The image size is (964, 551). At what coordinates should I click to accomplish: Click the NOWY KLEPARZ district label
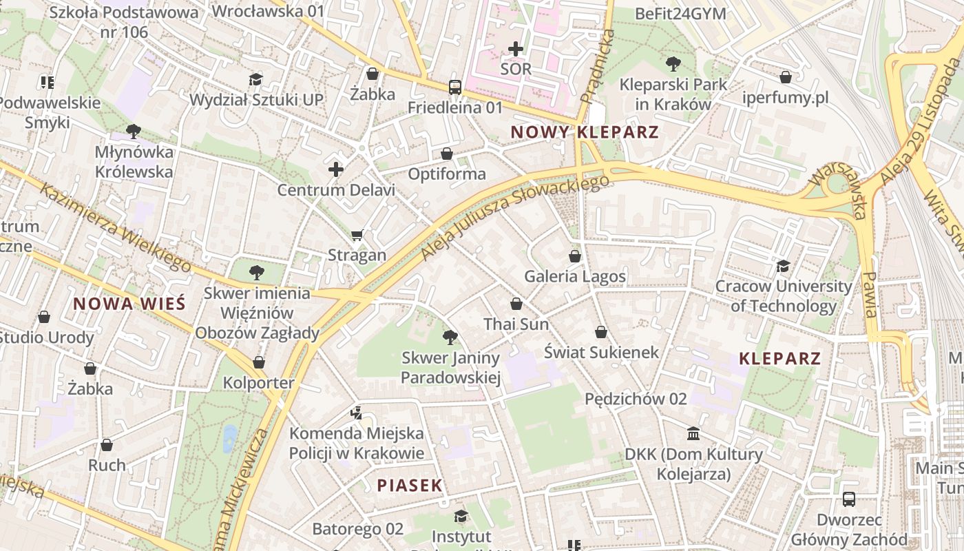585,132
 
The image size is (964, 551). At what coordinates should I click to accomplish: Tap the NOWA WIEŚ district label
129,304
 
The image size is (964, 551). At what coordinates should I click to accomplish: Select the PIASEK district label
410,486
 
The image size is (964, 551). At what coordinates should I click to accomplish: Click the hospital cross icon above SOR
516,49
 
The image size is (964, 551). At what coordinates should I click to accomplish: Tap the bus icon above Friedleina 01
455,87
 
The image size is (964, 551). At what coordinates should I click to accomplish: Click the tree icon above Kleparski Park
673,64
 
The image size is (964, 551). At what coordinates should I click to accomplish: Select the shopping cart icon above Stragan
357,235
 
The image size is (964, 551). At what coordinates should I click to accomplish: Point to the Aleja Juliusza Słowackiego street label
515,217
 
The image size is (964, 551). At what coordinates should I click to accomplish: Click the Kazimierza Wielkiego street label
115,227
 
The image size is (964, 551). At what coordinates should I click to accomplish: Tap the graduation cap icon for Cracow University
783,266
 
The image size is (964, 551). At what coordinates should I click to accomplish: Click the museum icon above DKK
693,434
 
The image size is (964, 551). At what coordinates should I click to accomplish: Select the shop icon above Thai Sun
516,304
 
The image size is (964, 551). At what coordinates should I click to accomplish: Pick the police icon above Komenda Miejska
356,413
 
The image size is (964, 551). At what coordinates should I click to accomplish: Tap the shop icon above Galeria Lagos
575,256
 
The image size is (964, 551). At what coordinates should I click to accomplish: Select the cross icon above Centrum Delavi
336,169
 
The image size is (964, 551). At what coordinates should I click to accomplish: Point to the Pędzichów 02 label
636,399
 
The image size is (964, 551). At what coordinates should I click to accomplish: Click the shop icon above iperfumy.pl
786,77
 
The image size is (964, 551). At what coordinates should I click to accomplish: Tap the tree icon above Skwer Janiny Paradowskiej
450,337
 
